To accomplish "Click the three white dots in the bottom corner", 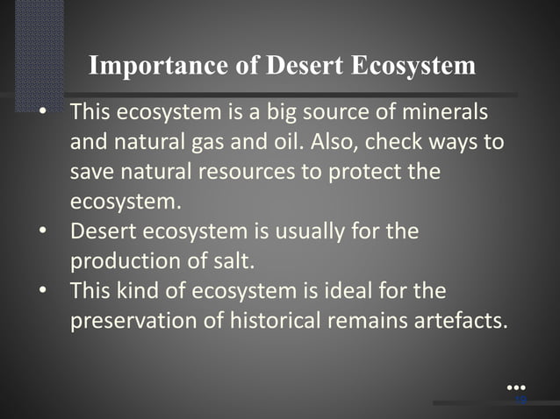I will pos(517,387).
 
